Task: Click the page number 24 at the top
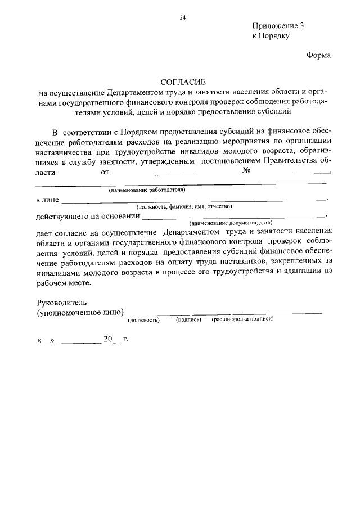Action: (x=182, y=17)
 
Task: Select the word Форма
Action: (x=318, y=55)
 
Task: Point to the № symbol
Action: (x=246, y=171)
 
